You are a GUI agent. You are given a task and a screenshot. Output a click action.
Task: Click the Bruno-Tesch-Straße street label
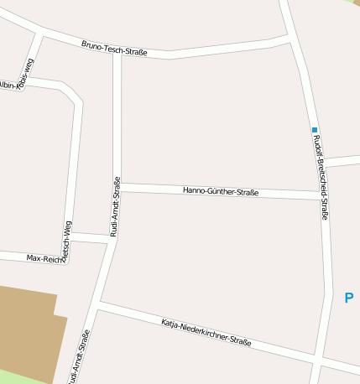(114, 49)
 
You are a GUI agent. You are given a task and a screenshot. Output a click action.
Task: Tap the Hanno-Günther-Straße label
(220, 191)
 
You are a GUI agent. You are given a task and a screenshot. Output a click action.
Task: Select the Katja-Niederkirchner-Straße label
(206, 332)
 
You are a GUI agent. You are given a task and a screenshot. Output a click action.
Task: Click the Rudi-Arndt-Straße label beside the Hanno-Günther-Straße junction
(116, 206)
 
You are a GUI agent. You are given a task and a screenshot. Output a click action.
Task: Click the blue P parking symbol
(348, 298)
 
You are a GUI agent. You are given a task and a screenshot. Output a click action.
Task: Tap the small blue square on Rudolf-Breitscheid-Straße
(315, 130)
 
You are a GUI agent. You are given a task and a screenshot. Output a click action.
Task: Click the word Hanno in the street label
(194, 190)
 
